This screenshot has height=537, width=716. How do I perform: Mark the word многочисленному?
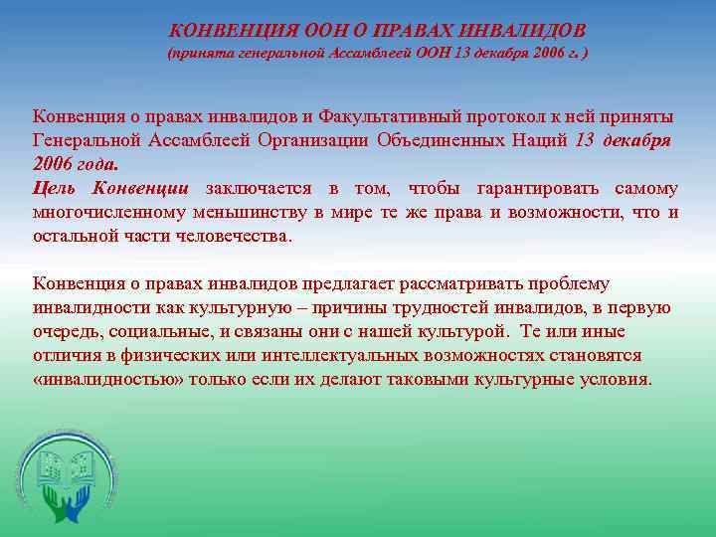(106, 212)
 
